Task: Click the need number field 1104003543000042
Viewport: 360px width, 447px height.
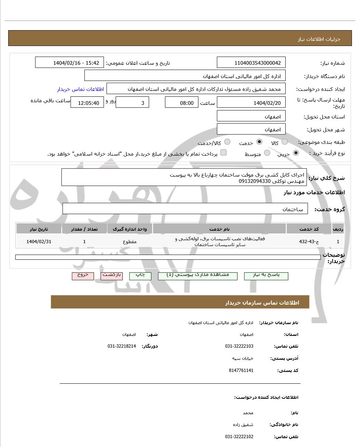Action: [x=251, y=63]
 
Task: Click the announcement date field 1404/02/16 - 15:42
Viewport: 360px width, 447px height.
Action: [x=70, y=63]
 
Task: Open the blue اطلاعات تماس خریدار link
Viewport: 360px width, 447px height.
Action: [x=80, y=89]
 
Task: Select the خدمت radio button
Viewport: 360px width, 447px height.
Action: [x=259, y=142]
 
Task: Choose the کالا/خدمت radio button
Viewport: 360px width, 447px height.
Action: [x=227, y=142]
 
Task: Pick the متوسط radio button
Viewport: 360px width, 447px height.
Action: [x=267, y=153]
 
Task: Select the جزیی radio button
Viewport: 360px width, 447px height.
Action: [x=296, y=153]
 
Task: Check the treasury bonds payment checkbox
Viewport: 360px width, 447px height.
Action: [x=223, y=153]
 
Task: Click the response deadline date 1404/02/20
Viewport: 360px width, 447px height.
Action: [x=251, y=103]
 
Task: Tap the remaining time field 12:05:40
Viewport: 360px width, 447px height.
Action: [x=87, y=103]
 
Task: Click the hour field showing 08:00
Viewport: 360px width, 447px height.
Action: [x=181, y=103]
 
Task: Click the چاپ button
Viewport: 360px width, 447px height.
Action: [x=140, y=276]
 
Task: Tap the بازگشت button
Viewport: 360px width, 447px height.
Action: [x=112, y=276]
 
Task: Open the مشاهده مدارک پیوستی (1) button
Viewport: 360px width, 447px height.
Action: [x=198, y=276]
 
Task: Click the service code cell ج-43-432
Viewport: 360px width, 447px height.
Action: [x=309, y=241]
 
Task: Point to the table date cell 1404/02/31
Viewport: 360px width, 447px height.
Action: [x=39, y=241]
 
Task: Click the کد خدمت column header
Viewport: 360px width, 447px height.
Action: [x=309, y=229]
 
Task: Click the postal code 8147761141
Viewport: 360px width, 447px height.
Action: [x=241, y=370]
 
